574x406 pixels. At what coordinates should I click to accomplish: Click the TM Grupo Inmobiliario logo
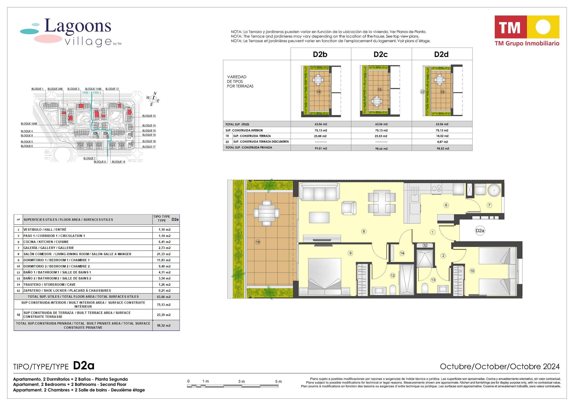(x=527, y=31)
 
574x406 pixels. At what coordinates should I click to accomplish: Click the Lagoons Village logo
(x=71, y=33)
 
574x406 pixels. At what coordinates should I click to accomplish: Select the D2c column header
(x=381, y=54)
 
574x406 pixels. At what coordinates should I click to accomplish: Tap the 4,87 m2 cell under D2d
(x=442, y=142)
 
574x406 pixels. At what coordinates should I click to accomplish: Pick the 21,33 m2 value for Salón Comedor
(x=165, y=254)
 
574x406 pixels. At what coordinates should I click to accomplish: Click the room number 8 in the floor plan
(x=364, y=232)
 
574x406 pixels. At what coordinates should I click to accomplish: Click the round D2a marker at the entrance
(x=480, y=231)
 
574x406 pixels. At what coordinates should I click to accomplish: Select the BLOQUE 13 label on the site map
(x=149, y=116)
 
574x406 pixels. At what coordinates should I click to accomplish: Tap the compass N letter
(x=155, y=94)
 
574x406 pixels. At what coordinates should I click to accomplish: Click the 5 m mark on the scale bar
(x=278, y=382)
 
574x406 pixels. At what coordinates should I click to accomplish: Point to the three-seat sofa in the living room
(x=319, y=191)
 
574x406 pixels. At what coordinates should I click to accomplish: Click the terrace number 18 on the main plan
(x=258, y=242)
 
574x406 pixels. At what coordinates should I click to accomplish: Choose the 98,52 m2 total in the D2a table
(x=165, y=326)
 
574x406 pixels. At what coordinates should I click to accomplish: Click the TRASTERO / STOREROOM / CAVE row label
(x=49, y=284)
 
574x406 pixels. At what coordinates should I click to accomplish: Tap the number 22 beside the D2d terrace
(x=422, y=92)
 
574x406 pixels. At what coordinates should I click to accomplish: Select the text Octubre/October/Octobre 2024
(x=500, y=366)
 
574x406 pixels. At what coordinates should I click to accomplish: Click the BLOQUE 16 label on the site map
(x=119, y=162)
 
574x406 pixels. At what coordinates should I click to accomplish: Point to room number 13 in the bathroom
(x=433, y=280)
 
